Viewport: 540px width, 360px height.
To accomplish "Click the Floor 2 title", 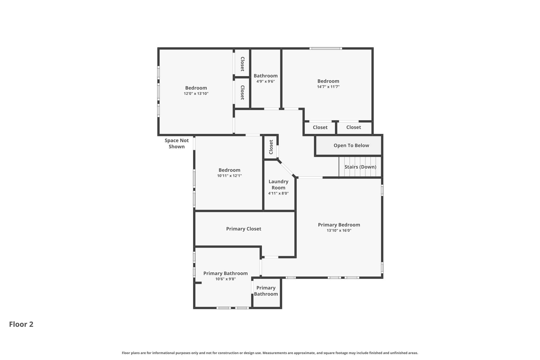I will click(x=21, y=324).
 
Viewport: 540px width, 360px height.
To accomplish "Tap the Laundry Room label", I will click(x=278, y=185).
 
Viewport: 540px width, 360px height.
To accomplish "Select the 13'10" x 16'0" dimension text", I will click(x=339, y=231).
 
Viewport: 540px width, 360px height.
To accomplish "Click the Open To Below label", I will click(x=351, y=145).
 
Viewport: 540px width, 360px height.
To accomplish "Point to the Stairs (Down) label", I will click(x=360, y=167).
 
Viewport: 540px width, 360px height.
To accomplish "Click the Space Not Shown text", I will click(x=177, y=143).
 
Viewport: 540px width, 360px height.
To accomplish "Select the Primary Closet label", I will click(x=244, y=229).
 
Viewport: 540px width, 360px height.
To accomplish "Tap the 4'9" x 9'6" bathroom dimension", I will click(x=266, y=81).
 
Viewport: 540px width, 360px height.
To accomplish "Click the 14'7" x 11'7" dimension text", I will click(x=328, y=87).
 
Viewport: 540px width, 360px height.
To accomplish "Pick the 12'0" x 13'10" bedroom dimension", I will click(x=196, y=94).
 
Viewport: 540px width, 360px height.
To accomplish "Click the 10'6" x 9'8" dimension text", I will click(x=225, y=279).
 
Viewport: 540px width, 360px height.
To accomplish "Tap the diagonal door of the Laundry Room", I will click(x=287, y=169).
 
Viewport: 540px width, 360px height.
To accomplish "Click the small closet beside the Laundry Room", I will click(x=271, y=147).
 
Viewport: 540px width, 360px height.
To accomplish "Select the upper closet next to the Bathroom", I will click(x=242, y=64).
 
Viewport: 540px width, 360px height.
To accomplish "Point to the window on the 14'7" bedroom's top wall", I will click(x=326, y=49).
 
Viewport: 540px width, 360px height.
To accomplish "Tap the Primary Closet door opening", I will click(x=271, y=257).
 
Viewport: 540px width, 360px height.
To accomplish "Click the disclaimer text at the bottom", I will click(x=270, y=353).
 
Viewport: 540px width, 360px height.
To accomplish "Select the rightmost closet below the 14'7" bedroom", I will click(x=354, y=128).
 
